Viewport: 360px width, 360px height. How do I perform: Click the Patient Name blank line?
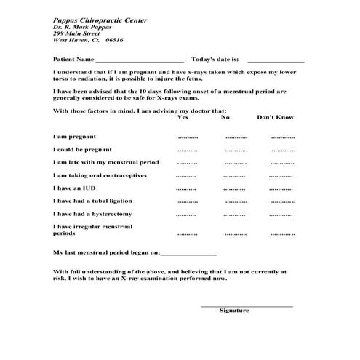point(139,61)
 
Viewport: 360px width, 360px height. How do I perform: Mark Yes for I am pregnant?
point(188,137)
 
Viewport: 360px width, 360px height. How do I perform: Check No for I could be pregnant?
point(236,151)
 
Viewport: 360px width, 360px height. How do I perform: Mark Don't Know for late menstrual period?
point(282,164)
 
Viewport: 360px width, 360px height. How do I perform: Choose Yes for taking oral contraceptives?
point(185,177)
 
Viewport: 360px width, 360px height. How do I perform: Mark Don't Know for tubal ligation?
point(282,202)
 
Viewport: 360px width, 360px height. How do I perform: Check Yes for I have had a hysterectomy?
point(185,216)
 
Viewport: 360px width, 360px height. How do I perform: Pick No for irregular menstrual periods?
point(236,234)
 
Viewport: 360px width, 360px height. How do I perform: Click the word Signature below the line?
point(234,311)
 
